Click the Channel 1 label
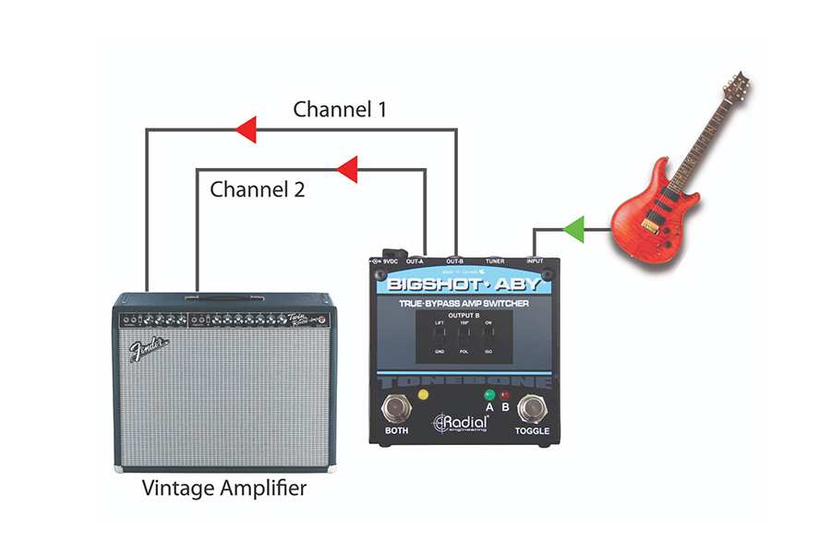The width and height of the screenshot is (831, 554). tap(339, 109)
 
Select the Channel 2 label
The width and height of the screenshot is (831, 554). tap(257, 190)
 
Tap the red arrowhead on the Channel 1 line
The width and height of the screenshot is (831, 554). tap(245, 130)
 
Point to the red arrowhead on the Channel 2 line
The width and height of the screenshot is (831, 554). tap(346, 169)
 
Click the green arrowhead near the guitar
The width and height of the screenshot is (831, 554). tap(574, 226)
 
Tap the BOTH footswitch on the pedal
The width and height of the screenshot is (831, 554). tap(398, 406)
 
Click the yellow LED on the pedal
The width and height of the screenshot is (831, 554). tap(424, 395)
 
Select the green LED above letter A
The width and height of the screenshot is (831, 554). tap(489, 395)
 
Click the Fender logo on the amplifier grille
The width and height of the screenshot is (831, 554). tap(149, 350)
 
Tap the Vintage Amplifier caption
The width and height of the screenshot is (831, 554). tap(224, 488)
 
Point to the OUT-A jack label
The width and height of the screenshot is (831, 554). tap(415, 261)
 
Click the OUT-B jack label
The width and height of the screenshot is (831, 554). tap(455, 261)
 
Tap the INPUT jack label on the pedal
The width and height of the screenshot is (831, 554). tap(536, 261)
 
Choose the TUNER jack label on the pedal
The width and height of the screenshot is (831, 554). tap(495, 261)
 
